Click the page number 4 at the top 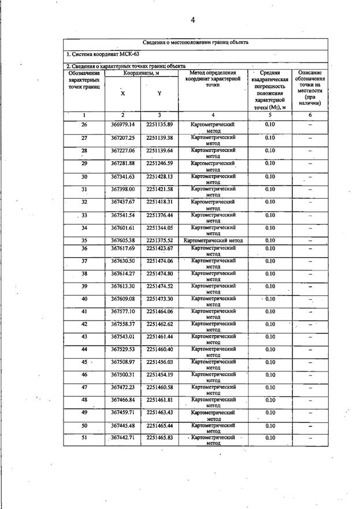(192, 20)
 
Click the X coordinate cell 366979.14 (123, 125)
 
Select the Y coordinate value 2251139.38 (159, 138)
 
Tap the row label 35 (84, 240)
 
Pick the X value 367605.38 (123, 240)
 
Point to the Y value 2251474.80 (159, 273)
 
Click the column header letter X (122, 93)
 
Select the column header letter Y (159, 93)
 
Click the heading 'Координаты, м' (141, 73)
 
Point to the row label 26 (84, 125)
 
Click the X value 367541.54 (123, 215)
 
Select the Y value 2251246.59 (159, 163)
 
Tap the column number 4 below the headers (213, 115)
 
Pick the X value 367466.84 (123, 400)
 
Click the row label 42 (84, 324)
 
